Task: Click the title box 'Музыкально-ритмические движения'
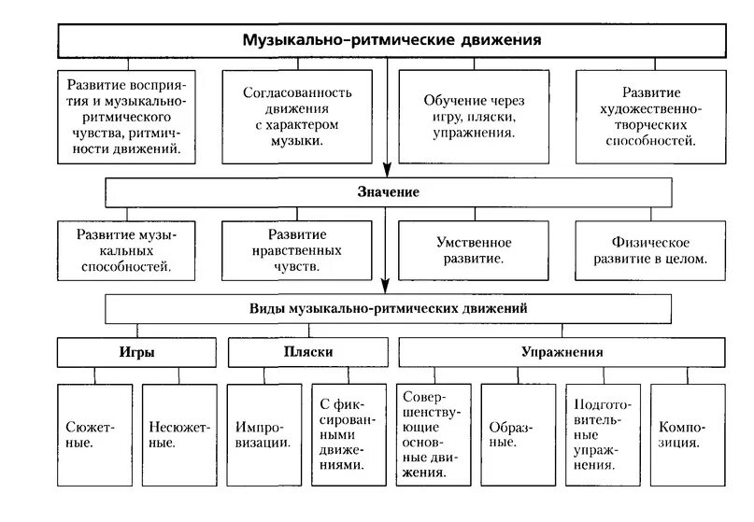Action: coord(392,42)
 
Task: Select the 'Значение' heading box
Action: coord(387,191)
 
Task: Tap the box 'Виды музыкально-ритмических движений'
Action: coord(388,307)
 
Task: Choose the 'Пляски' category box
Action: coord(307,353)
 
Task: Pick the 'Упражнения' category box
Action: coord(562,353)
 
